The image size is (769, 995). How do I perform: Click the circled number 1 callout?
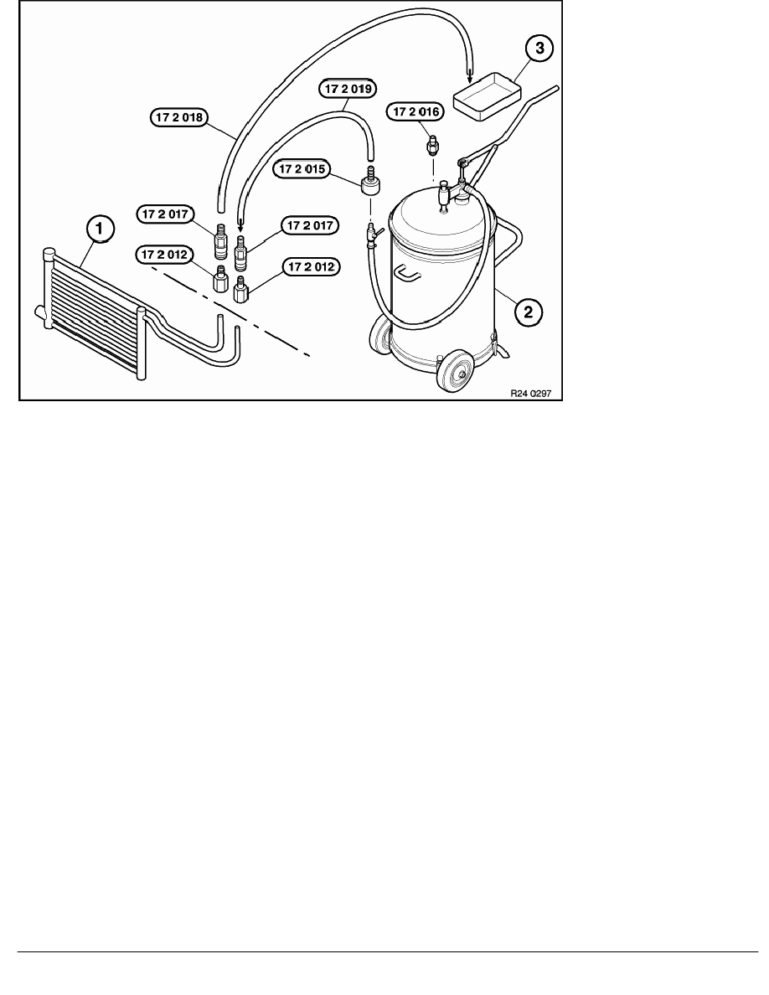[x=100, y=227]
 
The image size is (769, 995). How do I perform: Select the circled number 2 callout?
[x=527, y=312]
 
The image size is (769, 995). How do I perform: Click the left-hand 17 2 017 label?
[x=166, y=215]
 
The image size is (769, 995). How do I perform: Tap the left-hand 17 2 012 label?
[x=166, y=254]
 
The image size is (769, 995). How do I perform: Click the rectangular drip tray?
[x=486, y=95]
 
